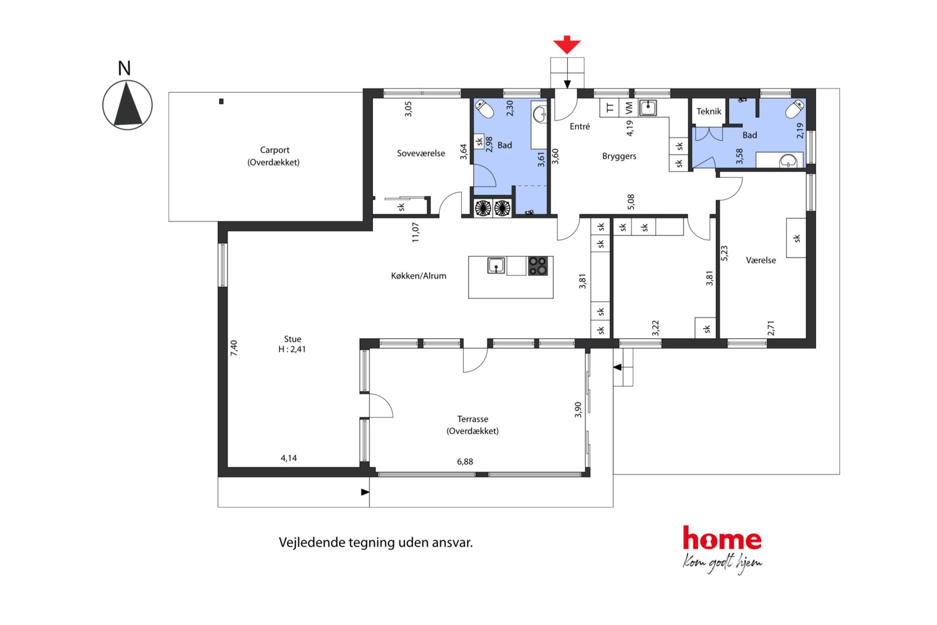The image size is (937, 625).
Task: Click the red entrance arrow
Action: point(567,44)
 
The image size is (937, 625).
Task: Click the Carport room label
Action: point(274,150)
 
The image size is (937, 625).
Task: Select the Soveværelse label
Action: point(421,153)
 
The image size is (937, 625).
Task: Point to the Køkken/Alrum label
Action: point(418,275)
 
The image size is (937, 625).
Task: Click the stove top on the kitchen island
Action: point(537,265)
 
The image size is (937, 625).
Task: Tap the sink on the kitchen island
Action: point(496,265)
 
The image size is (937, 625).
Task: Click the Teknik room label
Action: point(708,111)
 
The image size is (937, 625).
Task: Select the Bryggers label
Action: point(619,156)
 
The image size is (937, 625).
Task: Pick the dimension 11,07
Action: point(415,232)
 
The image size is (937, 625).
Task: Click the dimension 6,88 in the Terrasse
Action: point(465,462)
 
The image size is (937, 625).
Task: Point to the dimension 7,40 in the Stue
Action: point(234,348)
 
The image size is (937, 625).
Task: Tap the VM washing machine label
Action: point(629,108)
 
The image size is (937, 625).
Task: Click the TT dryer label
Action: point(610,108)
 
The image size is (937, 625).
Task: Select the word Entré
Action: point(579,126)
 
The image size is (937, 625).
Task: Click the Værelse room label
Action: point(760,260)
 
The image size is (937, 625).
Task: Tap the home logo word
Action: point(722,539)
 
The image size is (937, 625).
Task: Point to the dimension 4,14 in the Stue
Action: point(289,458)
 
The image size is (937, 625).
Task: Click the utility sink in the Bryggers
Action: point(648,108)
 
